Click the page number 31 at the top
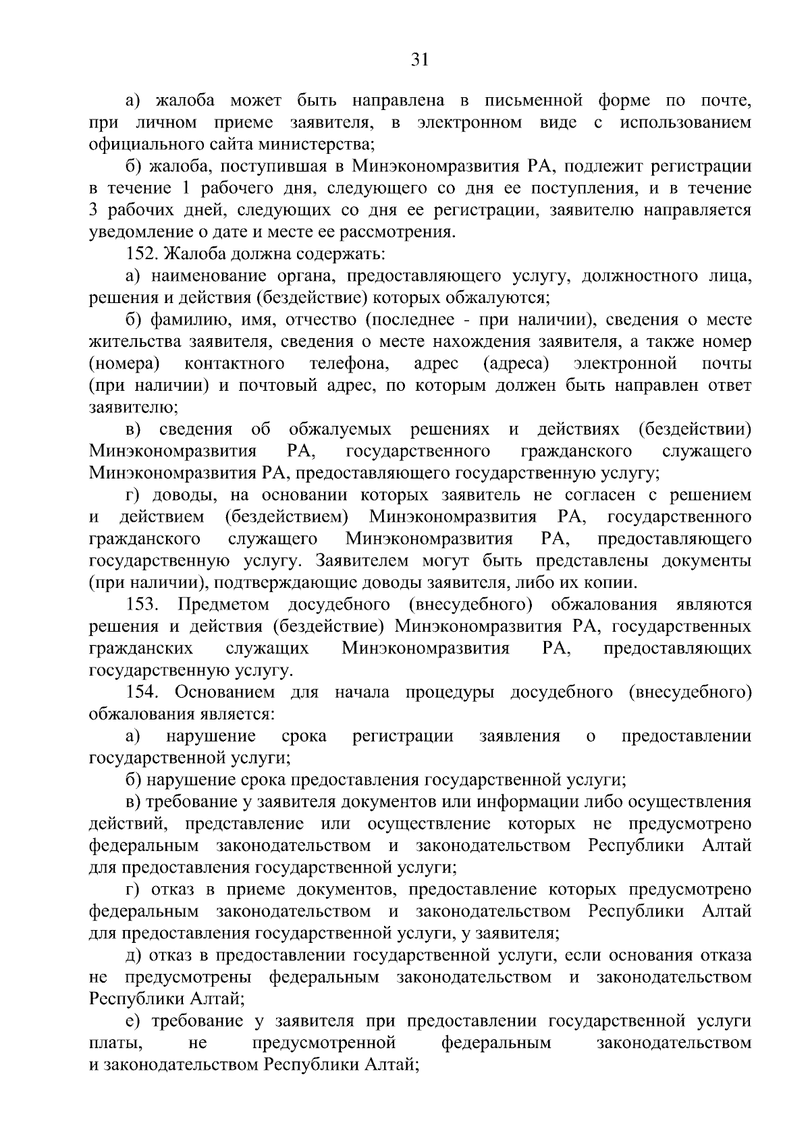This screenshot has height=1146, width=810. pos(420,60)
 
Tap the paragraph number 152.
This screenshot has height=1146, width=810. pos(142,254)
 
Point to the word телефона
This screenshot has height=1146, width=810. pos(350,364)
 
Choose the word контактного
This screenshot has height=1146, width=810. pos(234,364)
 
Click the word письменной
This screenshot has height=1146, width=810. pos(533,101)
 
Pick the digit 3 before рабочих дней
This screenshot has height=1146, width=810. pos(94,210)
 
